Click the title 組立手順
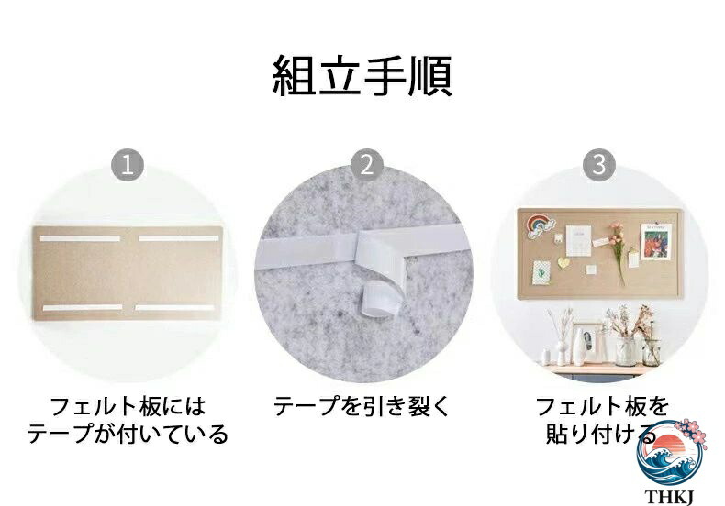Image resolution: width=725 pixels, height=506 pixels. pyautogui.click(x=362, y=76)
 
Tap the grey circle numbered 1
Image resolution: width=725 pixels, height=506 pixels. pyautogui.click(x=128, y=165)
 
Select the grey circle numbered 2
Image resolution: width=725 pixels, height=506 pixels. pyautogui.click(x=367, y=165)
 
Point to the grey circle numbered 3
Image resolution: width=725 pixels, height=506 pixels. pyautogui.click(x=598, y=165)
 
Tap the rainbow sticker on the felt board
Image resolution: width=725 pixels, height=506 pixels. pyautogui.click(x=539, y=225)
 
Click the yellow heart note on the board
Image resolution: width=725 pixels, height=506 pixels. pyautogui.click(x=563, y=262)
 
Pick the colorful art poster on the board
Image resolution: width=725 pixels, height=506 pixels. pyautogui.click(x=656, y=241)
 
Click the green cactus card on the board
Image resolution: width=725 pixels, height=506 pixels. pyautogui.click(x=541, y=272)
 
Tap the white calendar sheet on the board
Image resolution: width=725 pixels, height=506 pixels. pyautogui.click(x=578, y=240)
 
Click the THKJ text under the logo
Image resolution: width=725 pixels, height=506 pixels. pyautogui.click(x=670, y=497)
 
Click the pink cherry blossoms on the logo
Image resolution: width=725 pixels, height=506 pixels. pyautogui.click(x=692, y=433)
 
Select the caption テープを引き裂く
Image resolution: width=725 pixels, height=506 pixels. pyautogui.click(x=362, y=406)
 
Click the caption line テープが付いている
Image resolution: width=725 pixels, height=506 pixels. pyautogui.click(x=128, y=434)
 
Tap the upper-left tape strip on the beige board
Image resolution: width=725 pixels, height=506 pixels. pyautogui.click(x=80, y=238)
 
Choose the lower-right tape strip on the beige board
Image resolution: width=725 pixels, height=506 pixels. pyautogui.click(x=174, y=307)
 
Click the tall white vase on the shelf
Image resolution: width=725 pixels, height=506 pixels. pyautogui.click(x=579, y=346)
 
